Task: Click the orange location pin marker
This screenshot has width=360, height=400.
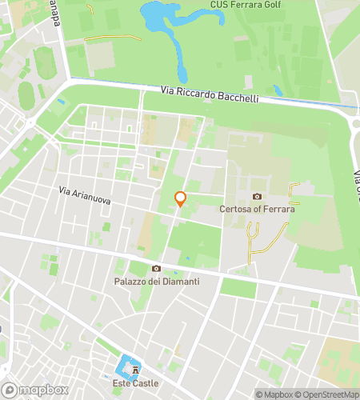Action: coord(180,198)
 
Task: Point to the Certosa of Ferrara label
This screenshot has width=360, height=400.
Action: coord(258,210)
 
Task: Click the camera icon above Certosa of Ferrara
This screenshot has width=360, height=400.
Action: coord(258,196)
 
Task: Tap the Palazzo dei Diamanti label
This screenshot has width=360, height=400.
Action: coord(156,282)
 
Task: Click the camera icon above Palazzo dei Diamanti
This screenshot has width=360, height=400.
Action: coord(156,268)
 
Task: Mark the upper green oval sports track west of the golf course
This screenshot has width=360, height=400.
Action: coord(46,62)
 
